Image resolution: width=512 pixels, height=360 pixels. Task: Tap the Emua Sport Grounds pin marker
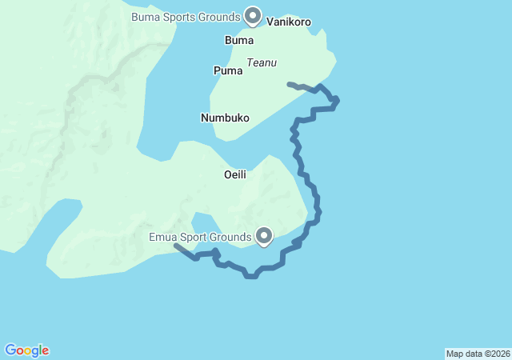coord(264,234)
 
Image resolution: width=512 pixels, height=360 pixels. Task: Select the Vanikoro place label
coord(288,22)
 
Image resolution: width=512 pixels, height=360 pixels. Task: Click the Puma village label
coord(227,71)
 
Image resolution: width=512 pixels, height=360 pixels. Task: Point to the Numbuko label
coord(224,118)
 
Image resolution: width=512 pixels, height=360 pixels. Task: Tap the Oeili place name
coord(234,174)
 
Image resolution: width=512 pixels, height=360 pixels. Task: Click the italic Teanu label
coord(262,62)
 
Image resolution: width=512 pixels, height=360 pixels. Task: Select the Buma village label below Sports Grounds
coord(239,40)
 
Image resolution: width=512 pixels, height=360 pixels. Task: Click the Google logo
coord(26,350)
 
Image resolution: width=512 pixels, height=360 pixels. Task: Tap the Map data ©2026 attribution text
coord(477,354)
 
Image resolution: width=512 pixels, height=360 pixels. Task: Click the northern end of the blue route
coord(289,83)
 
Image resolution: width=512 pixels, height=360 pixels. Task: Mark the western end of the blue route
coord(175,246)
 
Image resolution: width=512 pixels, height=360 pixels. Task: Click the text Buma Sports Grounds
coord(186,17)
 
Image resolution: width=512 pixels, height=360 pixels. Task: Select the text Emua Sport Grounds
coord(200,237)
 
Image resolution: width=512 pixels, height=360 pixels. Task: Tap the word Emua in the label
coord(162,237)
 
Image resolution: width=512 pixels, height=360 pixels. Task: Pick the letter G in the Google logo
coord(10,350)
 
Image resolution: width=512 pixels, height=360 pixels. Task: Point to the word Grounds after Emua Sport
coord(232,237)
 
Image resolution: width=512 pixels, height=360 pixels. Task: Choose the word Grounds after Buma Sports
coord(221,17)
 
